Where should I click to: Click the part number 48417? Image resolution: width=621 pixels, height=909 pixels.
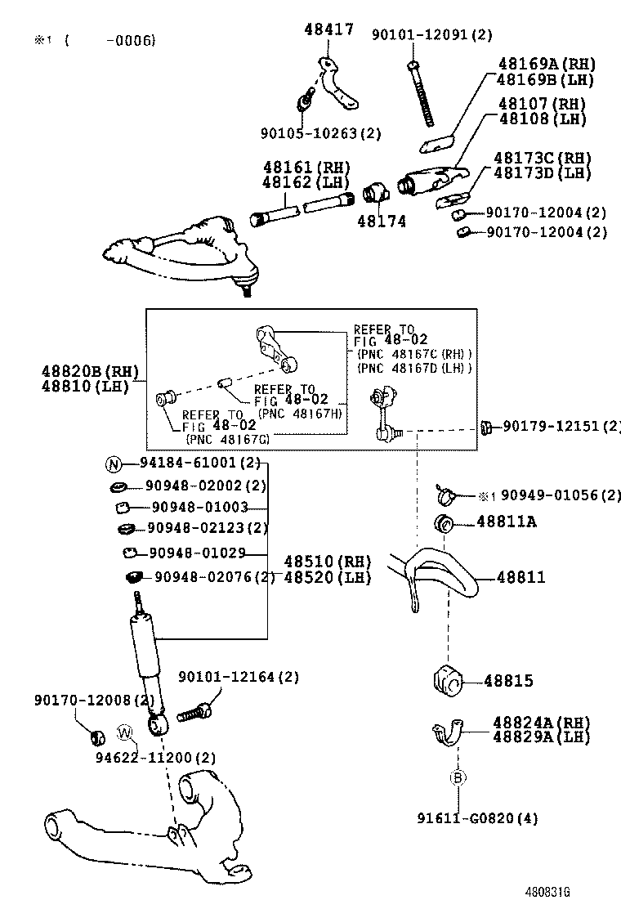(x=329, y=30)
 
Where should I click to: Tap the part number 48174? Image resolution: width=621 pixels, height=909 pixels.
(x=381, y=221)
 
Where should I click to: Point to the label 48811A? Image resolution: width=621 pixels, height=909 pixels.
(x=507, y=522)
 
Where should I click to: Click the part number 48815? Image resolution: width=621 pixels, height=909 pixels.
(x=507, y=680)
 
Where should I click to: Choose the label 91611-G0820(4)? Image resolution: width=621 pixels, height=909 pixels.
(x=477, y=817)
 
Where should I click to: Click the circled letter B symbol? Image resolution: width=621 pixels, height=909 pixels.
(x=458, y=778)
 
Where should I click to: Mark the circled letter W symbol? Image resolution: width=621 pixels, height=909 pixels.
(x=124, y=732)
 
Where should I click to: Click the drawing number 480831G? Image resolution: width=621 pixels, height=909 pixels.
(x=547, y=893)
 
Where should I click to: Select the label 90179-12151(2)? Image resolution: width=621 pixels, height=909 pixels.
(x=561, y=426)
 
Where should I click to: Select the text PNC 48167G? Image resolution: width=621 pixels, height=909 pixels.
(x=226, y=439)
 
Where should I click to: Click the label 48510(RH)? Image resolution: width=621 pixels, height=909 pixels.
(x=328, y=562)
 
